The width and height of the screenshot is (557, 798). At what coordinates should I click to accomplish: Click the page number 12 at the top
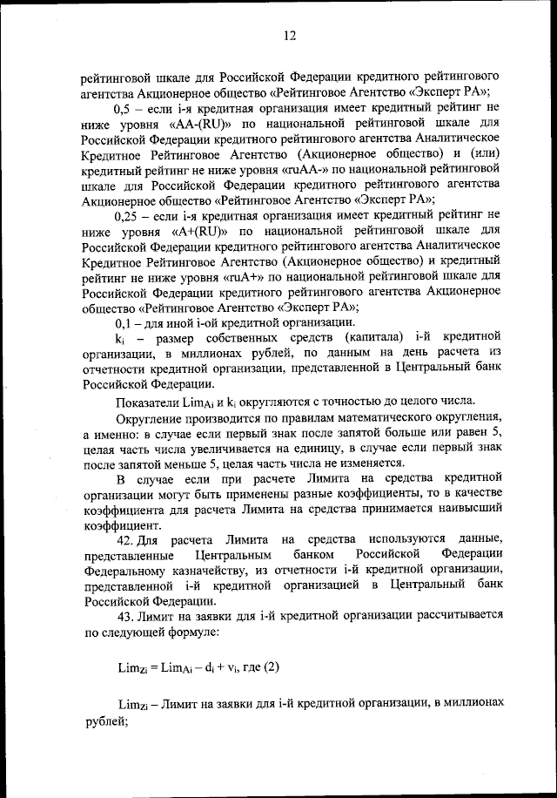coord(289,35)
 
